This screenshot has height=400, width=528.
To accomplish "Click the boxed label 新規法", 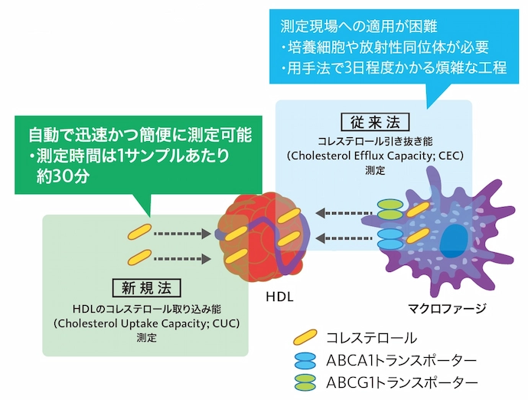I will point(145,288).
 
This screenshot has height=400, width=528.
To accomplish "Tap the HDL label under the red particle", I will point(280,296).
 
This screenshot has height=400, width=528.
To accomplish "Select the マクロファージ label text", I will point(447,309).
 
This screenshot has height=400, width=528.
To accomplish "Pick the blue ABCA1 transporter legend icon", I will point(306,359).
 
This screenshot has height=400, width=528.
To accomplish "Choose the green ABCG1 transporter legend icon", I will point(306,382).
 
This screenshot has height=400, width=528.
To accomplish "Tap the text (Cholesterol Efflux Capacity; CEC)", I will point(375,156).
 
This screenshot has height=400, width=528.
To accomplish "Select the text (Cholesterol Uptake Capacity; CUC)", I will point(145,323).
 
